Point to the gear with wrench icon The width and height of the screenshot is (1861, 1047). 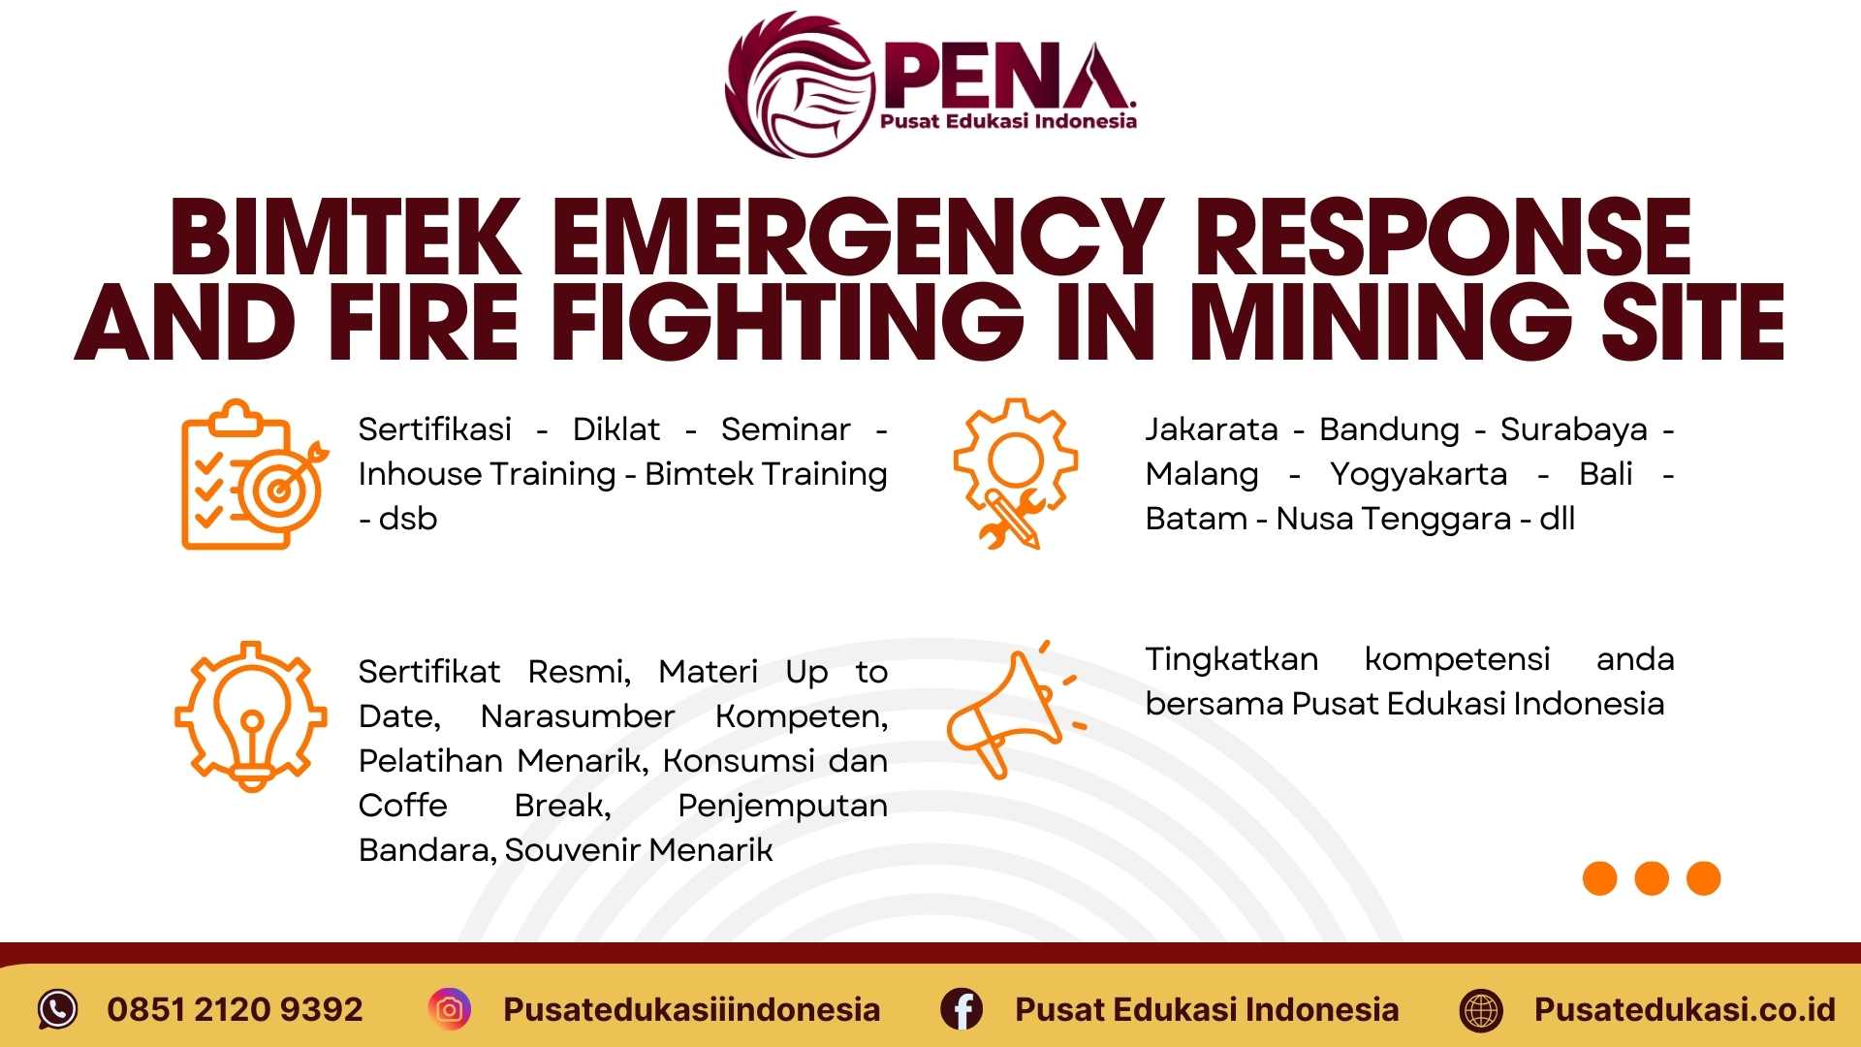point(1014,473)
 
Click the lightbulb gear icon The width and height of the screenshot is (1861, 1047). point(250,716)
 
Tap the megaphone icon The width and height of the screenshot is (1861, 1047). point(1012,713)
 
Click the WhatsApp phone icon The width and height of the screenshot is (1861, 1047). point(57,1009)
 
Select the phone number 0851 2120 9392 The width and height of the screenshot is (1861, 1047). point(235,1009)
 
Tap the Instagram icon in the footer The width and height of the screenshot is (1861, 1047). point(450,1009)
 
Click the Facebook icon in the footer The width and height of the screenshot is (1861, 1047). point(962,1009)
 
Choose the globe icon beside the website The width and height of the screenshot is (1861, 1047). point(1481,1009)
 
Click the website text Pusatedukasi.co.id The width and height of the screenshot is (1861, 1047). point(1685,1009)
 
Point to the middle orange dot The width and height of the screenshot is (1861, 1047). point(1652,878)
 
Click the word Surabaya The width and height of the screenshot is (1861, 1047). point(1573,429)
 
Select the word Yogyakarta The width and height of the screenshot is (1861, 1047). point(1418,474)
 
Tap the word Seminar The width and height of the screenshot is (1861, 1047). point(785,429)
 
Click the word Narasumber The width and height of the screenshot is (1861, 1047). point(577,716)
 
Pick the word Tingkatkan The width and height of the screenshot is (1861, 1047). point(1231,659)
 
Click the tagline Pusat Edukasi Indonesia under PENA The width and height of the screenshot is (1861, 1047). point(1008,121)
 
